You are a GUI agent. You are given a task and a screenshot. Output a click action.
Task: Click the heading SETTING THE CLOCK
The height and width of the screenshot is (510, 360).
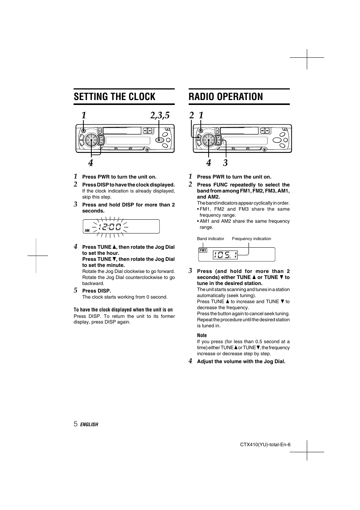[x=114, y=97]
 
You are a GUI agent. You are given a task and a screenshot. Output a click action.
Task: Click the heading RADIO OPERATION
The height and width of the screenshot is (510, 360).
[x=226, y=97]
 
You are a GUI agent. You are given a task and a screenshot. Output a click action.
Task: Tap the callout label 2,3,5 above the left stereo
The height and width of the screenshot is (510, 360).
[x=160, y=116]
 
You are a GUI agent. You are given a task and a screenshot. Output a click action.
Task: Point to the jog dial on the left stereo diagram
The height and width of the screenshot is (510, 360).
[x=91, y=140]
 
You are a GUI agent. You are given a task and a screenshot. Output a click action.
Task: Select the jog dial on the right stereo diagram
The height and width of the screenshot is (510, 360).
[x=208, y=140]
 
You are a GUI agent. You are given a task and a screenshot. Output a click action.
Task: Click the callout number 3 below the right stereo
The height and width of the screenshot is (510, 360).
[x=225, y=163]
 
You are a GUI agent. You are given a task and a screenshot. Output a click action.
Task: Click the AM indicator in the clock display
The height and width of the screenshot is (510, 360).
[x=87, y=230]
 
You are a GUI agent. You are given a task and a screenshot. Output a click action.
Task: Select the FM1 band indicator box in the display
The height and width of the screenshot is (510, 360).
[x=203, y=250]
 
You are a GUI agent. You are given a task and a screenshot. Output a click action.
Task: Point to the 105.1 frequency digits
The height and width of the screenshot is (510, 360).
[x=225, y=255]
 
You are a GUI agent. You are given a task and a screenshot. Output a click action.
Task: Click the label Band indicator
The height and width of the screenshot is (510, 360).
[x=210, y=239]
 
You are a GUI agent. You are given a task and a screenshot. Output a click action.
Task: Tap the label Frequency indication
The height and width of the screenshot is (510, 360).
[x=251, y=239]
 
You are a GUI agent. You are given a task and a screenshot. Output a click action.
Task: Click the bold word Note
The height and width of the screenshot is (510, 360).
[x=202, y=335]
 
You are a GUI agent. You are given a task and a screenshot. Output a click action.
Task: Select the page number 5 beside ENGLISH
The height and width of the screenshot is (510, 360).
[x=75, y=424]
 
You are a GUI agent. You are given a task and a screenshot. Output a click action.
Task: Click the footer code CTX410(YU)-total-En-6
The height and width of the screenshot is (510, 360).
[x=265, y=444]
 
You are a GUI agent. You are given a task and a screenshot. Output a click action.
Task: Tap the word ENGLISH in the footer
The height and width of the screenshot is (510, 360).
[x=89, y=424]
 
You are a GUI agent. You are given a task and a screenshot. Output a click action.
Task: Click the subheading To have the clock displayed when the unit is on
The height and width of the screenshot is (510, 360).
[x=123, y=310]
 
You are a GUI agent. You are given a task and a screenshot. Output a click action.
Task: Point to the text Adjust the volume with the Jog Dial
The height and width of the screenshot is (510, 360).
[x=241, y=361]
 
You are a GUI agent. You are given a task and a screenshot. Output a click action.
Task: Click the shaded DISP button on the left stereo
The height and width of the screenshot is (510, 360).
[x=160, y=140]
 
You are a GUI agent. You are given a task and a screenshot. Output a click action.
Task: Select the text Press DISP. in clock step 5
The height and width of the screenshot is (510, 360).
[x=97, y=291]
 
